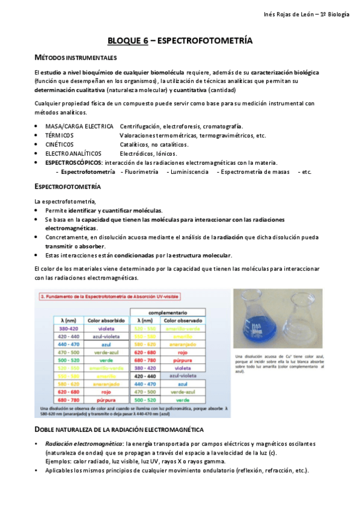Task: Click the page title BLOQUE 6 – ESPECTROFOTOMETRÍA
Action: pos(180,41)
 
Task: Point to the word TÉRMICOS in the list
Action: pos(61,135)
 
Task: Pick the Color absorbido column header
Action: pos(106,321)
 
